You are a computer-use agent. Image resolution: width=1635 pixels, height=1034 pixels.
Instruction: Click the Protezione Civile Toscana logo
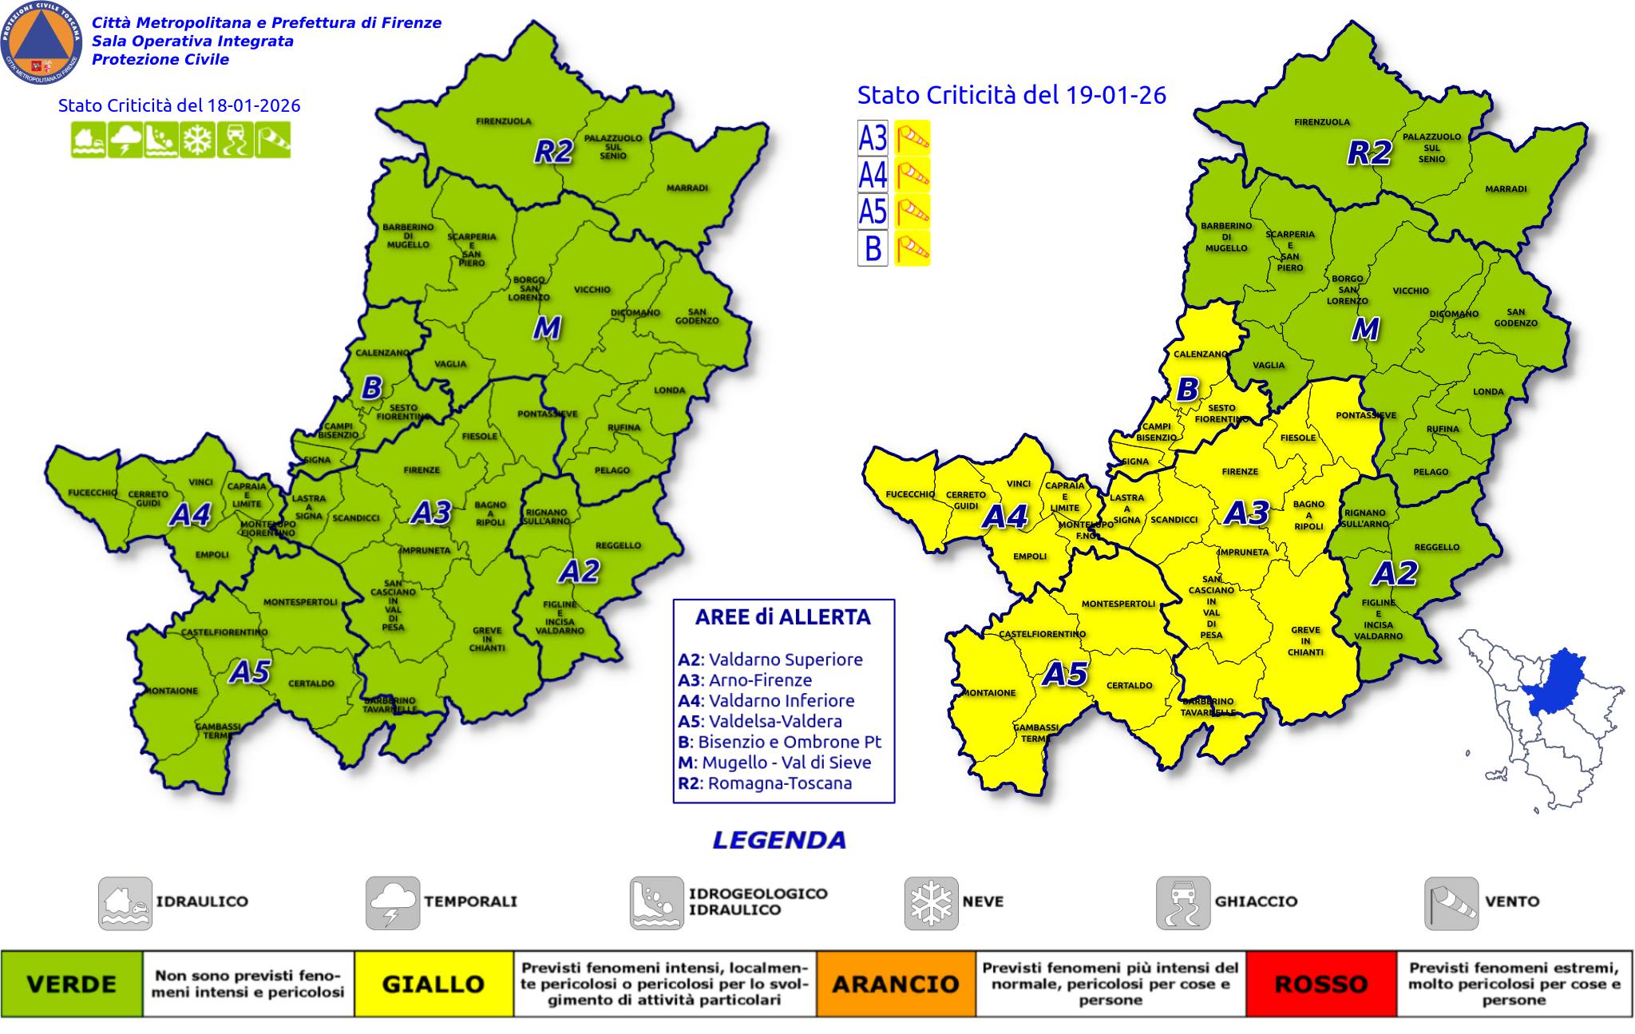[x=42, y=42]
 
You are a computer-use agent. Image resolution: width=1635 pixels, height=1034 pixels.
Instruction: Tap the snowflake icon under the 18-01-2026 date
[x=197, y=141]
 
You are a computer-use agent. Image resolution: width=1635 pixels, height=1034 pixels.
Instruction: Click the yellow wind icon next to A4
[x=912, y=174]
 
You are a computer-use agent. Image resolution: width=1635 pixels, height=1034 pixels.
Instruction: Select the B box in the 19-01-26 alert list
[x=873, y=248]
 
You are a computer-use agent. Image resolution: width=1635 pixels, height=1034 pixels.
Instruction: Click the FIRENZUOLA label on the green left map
[x=504, y=121]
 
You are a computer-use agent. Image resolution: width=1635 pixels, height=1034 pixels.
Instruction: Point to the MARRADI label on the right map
[x=1506, y=189]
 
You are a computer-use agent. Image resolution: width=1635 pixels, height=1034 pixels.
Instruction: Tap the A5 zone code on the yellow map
[x=1066, y=675]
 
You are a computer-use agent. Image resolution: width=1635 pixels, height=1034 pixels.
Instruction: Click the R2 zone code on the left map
[x=553, y=151]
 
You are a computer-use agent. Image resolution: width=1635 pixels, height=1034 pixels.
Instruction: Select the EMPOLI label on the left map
[x=212, y=554]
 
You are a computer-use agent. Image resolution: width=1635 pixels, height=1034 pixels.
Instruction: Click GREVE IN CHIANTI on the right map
[x=1305, y=640]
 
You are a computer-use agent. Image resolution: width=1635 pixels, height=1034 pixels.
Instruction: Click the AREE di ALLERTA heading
[x=782, y=617]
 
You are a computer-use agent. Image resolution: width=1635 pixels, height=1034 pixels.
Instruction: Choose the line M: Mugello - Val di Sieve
[x=774, y=762]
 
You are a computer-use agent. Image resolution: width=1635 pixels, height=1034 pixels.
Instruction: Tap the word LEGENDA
[x=778, y=840]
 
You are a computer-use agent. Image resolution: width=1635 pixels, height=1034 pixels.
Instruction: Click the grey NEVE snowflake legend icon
[x=931, y=902]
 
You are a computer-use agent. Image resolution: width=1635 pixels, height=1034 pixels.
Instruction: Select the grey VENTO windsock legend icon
[x=1451, y=902]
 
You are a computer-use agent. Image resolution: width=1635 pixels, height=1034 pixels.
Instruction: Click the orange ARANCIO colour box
[x=895, y=984]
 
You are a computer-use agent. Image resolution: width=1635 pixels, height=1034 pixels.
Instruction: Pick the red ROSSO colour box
[x=1321, y=984]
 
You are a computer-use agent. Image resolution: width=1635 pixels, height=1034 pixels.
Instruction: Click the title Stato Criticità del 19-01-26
[x=1011, y=95]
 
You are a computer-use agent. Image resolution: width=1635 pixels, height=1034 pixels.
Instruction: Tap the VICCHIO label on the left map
[x=592, y=289]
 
